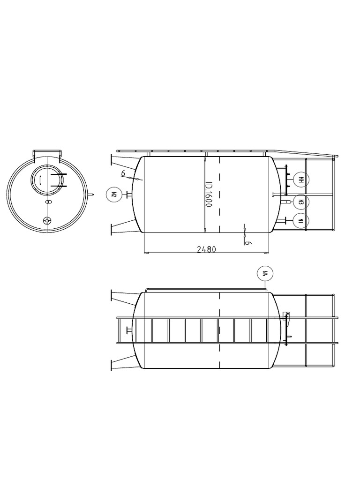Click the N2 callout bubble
click(114, 194)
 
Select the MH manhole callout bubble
click(301, 180)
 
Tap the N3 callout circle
click(301, 202)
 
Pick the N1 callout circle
click(301, 221)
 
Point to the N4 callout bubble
click(265, 274)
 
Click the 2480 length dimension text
click(206, 249)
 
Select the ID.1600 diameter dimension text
click(209, 195)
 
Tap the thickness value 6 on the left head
click(123, 173)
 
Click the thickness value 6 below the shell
click(248, 243)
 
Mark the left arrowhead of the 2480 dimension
click(146, 253)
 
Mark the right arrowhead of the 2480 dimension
click(267, 253)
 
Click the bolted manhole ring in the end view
click(46, 180)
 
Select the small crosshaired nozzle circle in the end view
click(47, 221)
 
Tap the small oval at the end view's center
click(48, 202)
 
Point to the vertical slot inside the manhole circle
click(41, 180)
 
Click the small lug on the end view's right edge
click(91, 194)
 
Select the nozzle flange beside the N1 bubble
click(285, 220)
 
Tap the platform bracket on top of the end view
click(47, 153)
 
